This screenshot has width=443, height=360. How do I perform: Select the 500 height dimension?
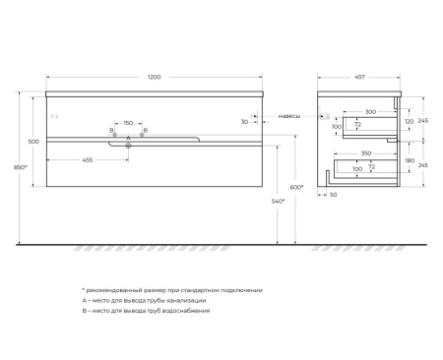coord(34,142)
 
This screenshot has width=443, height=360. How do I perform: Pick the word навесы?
coord(289,114)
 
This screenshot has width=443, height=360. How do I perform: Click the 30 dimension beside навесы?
coord(245,121)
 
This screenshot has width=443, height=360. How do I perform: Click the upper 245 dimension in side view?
coord(423,120)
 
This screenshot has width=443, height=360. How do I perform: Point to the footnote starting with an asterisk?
coord(171,290)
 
